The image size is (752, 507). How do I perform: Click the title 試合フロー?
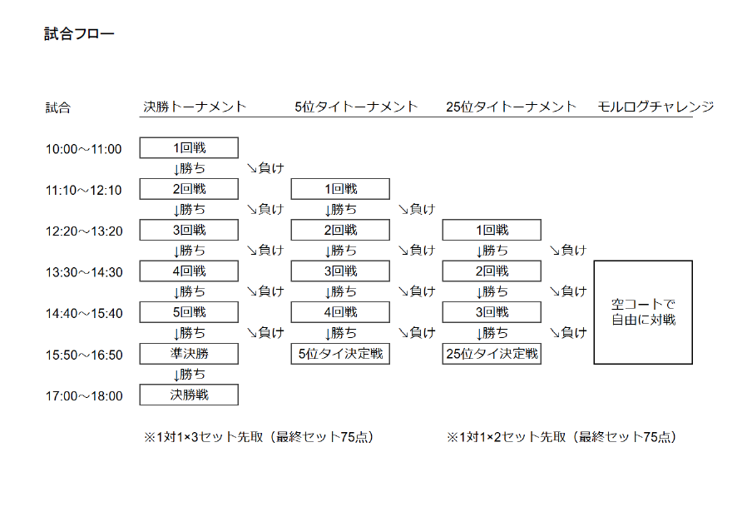(x=79, y=33)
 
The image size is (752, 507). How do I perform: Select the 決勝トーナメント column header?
(x=195, y=107)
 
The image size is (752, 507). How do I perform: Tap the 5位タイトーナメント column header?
(x=356, y=107)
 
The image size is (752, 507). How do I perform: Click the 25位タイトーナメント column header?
(x=511, y=107)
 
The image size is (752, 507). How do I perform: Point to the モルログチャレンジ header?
(x=656, y=107)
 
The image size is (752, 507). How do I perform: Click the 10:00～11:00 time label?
(x=83, y=149)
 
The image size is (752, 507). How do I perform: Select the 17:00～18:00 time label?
(x=84, y=396)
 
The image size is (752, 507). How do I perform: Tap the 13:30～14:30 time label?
(x=84, y=272)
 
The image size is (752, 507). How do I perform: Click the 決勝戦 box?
(x=189, y=395)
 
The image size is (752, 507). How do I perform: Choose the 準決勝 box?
(x=189, y=353)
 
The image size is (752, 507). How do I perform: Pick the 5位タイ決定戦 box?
(x=340, y=354)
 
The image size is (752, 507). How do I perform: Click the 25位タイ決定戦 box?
(x=492, y=354)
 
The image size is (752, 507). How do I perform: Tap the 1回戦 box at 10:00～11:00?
(x=189, y=148)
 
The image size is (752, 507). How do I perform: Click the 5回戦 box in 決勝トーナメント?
(x=189, y=312)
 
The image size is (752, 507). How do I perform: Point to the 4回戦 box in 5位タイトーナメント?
(x=340, y=312)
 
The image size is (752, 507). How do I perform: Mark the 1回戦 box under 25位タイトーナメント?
(x=492, y=230)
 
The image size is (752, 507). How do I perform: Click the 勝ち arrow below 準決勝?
(x=189, y=374)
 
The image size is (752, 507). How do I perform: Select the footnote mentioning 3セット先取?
(x=259, y=437)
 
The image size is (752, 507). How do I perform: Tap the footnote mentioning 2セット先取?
(x=562, y=437)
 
